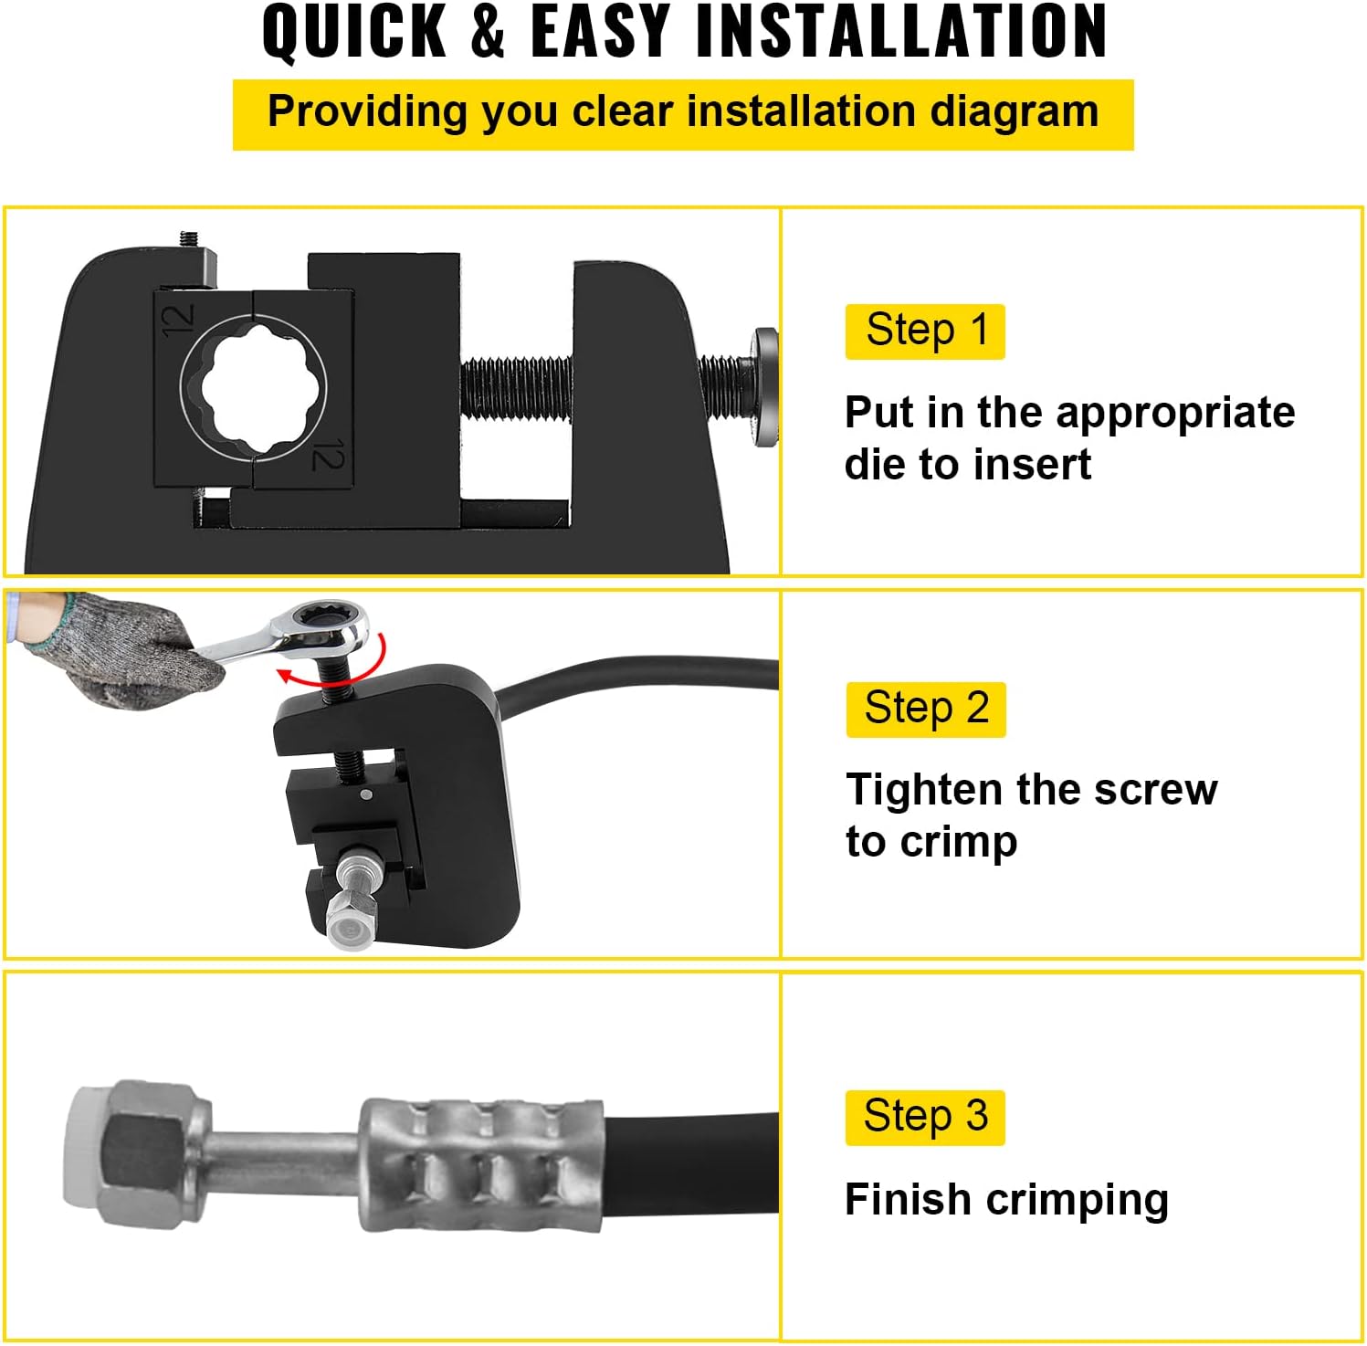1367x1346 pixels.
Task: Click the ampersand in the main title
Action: [x=489, y=31]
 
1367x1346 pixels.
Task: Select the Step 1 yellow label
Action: [x=925, y=331]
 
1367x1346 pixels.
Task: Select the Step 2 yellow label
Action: [x=926, y=709]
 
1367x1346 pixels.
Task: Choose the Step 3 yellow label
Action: [x=925, y=1117]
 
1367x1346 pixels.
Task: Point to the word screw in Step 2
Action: [x=1155, y=790]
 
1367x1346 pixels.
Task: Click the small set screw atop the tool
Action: [x=190, y=240]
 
